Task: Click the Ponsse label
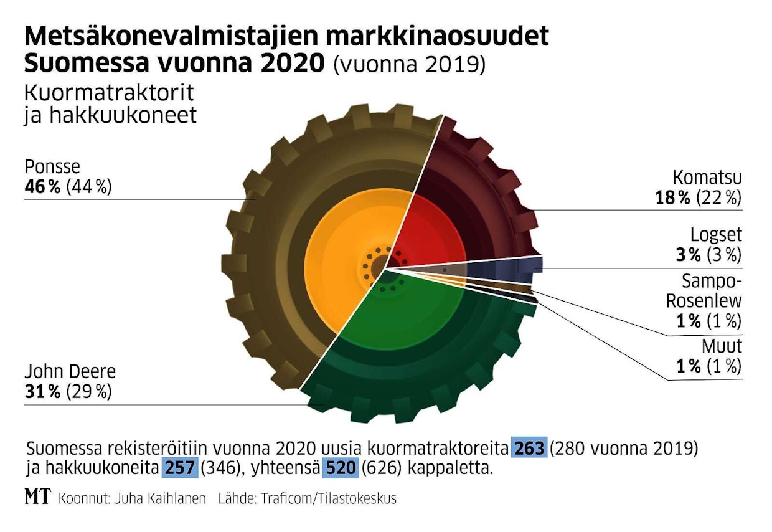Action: tap(53, 168)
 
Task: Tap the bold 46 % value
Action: tap(42, 187)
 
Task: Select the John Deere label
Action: tap(70, 373)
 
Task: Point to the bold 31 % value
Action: tap(42, 392)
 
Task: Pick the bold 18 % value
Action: tap(673, 198)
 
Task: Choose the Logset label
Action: tap(716, 235)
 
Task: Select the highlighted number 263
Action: tap(529, 449)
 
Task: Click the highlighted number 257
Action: tap(180, 468)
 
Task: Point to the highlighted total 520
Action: tap(340, 468)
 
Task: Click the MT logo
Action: tap(37, 498)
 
